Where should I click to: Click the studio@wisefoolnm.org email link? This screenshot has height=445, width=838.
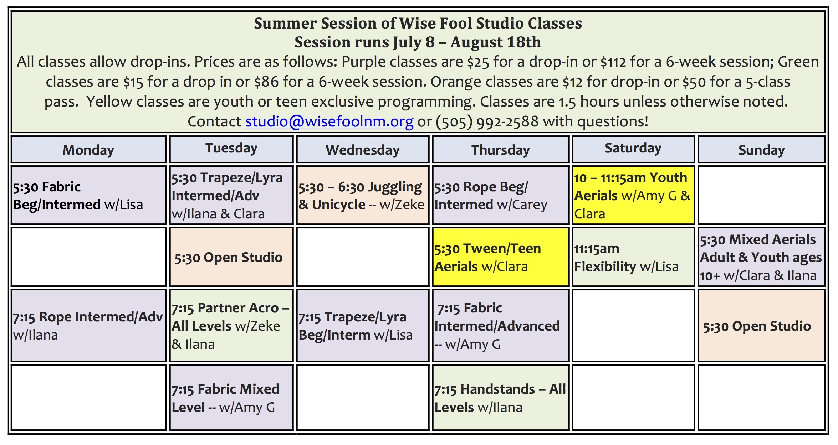(329, 122)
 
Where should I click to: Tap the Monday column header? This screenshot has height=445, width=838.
(89, 150)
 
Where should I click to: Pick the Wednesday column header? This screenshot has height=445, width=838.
(363, 150)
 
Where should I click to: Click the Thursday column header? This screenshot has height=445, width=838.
(501, 150)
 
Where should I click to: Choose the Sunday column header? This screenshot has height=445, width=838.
(761, 150)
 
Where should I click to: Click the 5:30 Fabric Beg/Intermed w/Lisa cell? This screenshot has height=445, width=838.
(89, 195)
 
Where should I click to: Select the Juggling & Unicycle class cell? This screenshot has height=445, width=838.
(363, 195)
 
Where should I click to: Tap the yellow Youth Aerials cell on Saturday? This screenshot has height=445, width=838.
(633, 195)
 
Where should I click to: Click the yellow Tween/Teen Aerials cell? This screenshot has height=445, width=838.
(501, 257)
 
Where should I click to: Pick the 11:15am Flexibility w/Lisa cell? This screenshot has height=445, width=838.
(633, 257)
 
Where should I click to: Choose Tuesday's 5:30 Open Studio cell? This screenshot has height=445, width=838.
(231, 257)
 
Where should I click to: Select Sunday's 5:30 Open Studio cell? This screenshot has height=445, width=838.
(761, 325)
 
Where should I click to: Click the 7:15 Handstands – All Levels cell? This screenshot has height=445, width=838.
(501, 397)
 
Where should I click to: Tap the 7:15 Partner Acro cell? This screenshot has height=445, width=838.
(231, 325)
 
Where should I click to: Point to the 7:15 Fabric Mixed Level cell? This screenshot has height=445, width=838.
(231, 397)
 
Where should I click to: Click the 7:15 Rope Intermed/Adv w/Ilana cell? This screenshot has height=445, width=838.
(89, 325)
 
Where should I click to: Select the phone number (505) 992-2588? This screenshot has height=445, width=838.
(487, 122)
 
